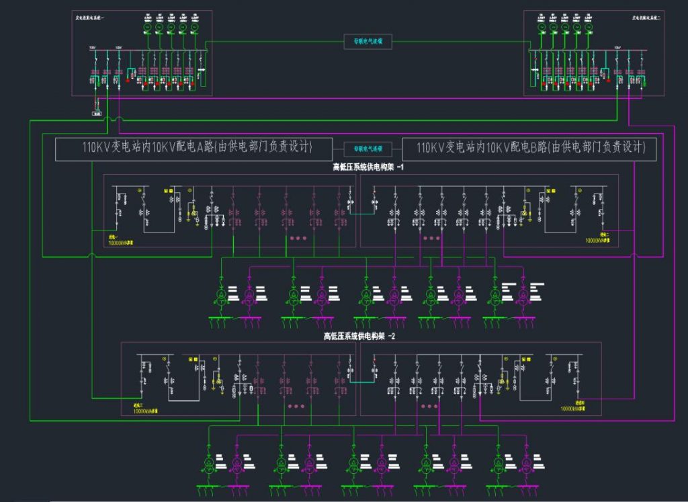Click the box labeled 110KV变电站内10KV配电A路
193,148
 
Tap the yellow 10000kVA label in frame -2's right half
572,408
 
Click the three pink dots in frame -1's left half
298,238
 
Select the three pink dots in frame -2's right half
429,406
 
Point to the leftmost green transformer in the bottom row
209,464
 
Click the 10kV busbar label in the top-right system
617,48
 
